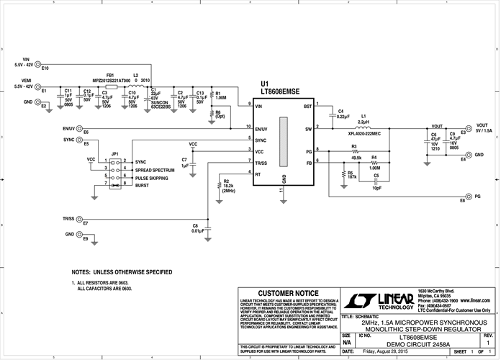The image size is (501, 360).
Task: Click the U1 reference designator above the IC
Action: pyautogui.click(x=265, y=84)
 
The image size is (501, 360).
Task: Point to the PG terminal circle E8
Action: pyautogui.click(x=469, y=196)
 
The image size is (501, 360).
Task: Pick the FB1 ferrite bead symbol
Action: pyautogui.click(x=111, y=87)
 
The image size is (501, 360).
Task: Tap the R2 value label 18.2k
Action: pyautogui.click(x=228, y=186)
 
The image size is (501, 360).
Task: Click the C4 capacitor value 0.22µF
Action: pyautogui.click(x=343, y=115)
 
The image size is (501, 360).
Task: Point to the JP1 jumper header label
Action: pyautogui.click(x=115, y=153)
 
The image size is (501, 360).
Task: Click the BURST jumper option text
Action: pyautogui.click(x=142, y=185)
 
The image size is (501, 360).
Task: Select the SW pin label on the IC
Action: pyautogui.click(x=308, y=129)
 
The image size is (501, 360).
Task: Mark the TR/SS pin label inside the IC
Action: pyautogui.click(x=262, y=163)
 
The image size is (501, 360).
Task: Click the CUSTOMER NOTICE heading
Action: pyautogui.click(x=287, y=294)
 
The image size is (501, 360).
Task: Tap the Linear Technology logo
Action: pyautogui.click(x=379, y=300)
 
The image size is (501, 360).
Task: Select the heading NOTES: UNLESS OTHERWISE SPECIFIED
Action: pyautogui.click(x=122, y=272)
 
